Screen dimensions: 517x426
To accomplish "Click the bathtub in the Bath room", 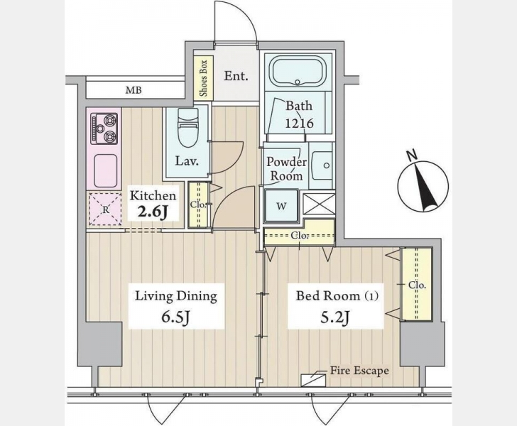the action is click(x=298, y=72).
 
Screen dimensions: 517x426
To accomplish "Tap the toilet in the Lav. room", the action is click(x=187, y=127).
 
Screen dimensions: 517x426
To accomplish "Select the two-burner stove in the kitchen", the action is click(x=104, y=129).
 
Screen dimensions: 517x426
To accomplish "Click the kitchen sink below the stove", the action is click(x=106, y=171).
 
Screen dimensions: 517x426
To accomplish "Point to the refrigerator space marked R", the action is click(x=105, y=209).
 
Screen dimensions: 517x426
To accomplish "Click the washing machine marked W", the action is click(x=281, y=207).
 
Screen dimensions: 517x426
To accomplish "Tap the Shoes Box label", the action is click(x=203, y=78).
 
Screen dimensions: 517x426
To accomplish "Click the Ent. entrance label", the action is click(x=236, y=76).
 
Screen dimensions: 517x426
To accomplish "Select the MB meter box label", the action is click(x=134, y=89).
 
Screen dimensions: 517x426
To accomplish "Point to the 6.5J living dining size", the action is click(x=175, y=317).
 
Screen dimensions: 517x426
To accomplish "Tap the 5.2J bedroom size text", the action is click(x=335, y=317).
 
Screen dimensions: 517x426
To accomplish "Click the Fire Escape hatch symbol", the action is click(x=313, y=380).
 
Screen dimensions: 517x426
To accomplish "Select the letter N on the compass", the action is click(x=410, y=155).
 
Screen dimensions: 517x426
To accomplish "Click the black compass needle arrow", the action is click(x=425, y=187).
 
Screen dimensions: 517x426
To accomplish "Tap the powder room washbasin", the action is click(x=322, y=165).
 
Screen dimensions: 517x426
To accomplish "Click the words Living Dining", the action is click(x=176, y=296).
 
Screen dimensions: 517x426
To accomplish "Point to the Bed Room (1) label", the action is click(x=337, y=296).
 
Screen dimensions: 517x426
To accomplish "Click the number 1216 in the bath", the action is click(x=299, y=124).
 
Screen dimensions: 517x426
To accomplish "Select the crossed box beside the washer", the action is click(x=318, y=204).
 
